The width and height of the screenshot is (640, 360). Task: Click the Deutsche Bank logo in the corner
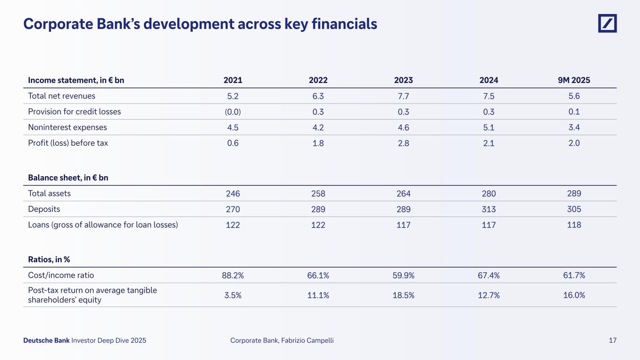click(607, 23)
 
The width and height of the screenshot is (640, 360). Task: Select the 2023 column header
click(403, 80)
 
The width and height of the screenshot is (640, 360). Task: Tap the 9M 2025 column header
click(573, 80)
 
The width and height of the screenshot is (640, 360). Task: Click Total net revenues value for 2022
click(318, 96)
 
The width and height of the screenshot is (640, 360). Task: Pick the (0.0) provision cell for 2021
click(233, 112)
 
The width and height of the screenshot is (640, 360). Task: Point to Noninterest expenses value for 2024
click(489, 127)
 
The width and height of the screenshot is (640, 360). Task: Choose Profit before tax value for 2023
click(403, 143)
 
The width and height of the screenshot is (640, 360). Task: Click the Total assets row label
click(49, 193)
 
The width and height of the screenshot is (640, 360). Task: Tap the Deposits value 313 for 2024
click(489, 209)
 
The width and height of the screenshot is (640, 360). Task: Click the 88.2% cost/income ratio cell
click(233, 276)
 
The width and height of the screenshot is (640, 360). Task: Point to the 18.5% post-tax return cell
click(403, 295)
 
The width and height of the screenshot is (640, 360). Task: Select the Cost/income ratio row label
click(58, 275)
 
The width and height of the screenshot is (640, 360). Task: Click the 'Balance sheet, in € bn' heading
click(68, 178)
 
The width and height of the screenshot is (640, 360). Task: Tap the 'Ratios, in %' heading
click(49, 259)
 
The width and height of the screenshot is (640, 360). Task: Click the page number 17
click(612, 340)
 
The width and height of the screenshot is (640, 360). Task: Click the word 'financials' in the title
click(343, 23)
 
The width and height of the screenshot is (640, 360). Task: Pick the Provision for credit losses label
click(74, 112)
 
